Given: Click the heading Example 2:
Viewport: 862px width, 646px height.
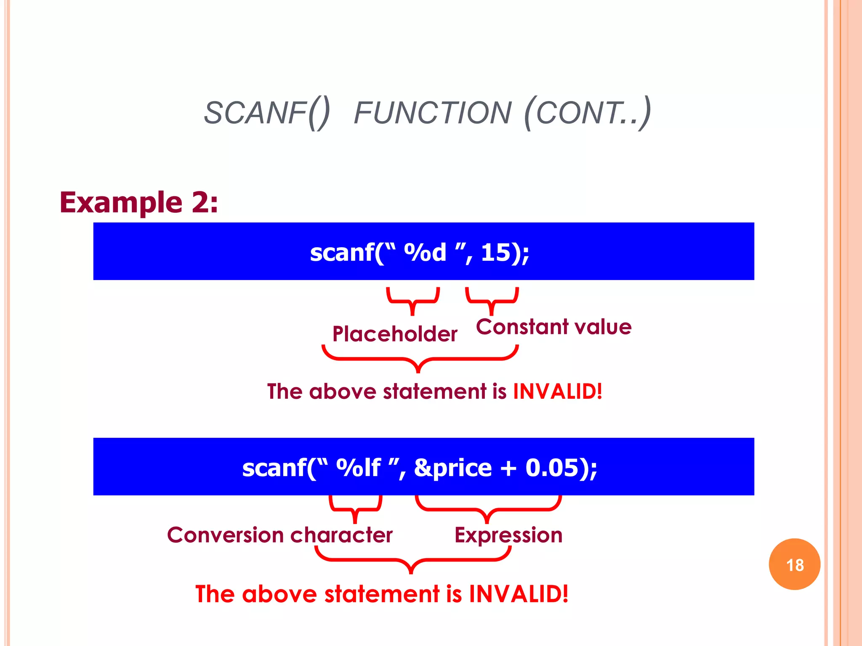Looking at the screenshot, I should (x=139, y=203).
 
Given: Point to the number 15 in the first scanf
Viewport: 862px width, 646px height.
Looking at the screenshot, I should (x=495, y=252).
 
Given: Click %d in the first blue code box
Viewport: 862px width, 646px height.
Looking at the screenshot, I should (x=425, y=252).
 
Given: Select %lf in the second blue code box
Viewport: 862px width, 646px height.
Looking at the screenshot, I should (x=358, y=468).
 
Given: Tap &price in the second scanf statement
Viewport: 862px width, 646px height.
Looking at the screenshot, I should (x=453, y=468).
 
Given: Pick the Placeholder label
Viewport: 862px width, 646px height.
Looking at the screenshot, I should (x=394, y=334).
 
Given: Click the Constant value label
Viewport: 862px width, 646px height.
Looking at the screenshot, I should (x=553, y=327).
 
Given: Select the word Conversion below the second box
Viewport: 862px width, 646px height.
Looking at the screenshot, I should (x=226, y=535).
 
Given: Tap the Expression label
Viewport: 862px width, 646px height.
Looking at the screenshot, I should (x=508, y=535).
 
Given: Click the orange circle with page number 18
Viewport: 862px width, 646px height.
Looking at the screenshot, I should (x=794, y=564).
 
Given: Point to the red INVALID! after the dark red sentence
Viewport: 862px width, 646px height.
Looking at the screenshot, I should (x=558, y=392).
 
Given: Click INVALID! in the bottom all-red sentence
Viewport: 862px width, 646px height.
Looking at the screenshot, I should (x=519, y=594).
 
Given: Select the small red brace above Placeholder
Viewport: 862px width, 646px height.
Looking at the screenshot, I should (x=413, y=300).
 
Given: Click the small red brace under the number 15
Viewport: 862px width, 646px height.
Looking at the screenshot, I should (x=492, y=300).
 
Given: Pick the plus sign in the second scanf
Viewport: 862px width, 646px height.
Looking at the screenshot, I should (x=508, y=468).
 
